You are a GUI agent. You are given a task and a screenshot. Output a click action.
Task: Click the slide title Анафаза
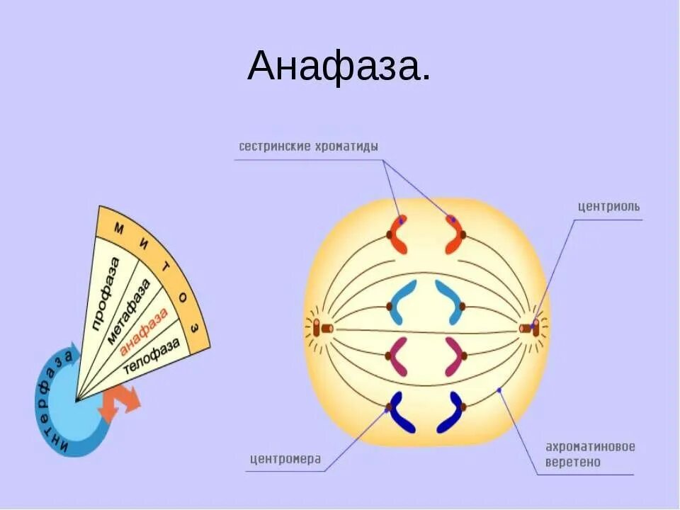(339, 67)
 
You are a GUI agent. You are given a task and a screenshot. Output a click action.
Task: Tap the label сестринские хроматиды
(308, 147)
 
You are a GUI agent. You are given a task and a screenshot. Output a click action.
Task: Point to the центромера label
(285, 459)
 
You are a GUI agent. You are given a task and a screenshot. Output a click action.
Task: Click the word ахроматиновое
(589, 447)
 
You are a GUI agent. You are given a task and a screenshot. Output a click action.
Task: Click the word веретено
(573, 462)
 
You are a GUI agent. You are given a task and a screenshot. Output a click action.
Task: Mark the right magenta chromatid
(453, 356)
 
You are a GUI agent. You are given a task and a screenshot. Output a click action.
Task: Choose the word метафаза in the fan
(130, 312)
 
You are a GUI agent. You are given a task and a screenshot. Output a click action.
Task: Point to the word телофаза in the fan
(152, 355)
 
